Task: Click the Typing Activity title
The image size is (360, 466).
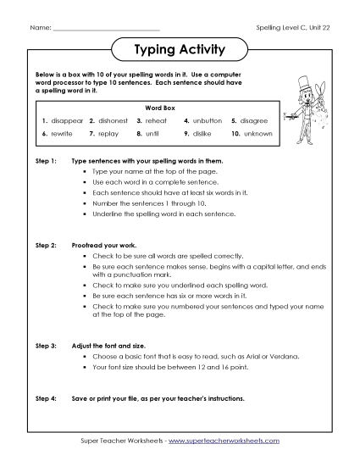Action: point(180,50)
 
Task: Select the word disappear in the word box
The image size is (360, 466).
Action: point(68,120)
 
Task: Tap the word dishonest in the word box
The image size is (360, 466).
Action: point(114,120)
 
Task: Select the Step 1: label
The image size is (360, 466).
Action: point(45,160)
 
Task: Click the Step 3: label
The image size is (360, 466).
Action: point(45,346)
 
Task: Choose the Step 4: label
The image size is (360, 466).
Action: point(45,397)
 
